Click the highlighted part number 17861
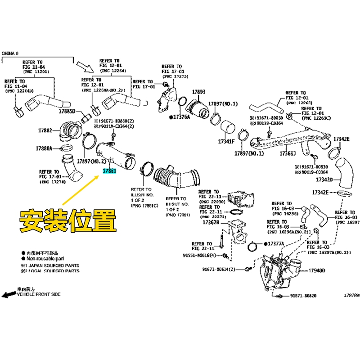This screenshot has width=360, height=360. [x=110, y=171]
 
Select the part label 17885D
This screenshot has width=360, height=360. [x=69, y=112]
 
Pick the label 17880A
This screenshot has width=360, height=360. [x=45, y=148]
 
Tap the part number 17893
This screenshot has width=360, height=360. [x=199, y=92]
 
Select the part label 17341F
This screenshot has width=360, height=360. [x=226, y=141]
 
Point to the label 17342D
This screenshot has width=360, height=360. [x=324, y=180]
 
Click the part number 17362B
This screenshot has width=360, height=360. [x=211, y=222]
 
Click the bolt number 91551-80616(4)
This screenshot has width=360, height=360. [x=202, y=255]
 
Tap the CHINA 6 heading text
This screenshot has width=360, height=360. [x=10, y=53]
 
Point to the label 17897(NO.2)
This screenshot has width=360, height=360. [x=91, y=161]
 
